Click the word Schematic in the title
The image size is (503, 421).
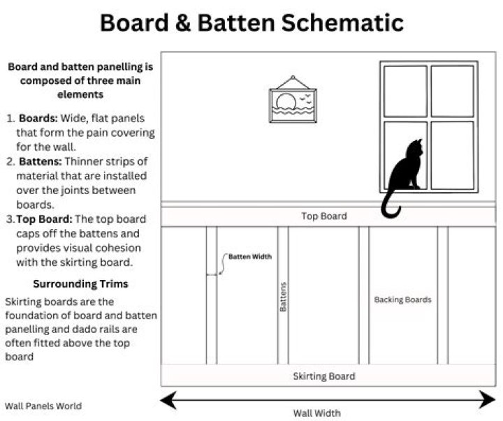tap(342, 22)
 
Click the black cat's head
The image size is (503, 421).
tap(414, 149)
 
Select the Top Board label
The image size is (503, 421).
tap(323, 216)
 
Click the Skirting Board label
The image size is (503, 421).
tap(323, 376)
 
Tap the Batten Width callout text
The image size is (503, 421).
tap(250, 257)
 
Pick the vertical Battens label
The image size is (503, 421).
tap(283, 296)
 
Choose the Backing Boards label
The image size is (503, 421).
tap(402, 300)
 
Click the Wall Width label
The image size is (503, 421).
tap(316, 413)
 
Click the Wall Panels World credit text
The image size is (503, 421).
tap(43, 406)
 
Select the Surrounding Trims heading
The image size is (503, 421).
tap(80, 284)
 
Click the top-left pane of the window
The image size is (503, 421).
tap(405, 91)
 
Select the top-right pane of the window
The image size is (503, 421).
tap(452, 91)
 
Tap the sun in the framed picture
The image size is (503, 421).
tap(286, 104)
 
